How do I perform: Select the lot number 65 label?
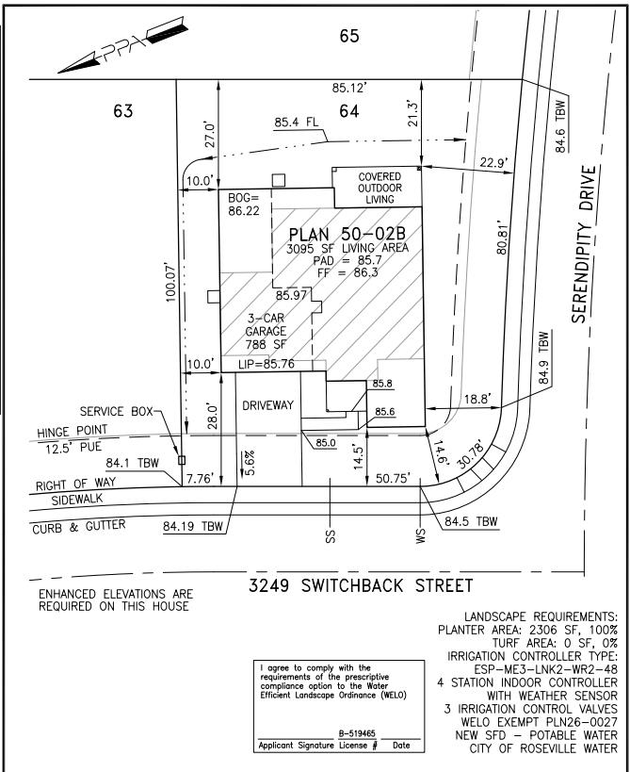pos(350,38)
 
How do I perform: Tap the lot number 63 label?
pos(122,111)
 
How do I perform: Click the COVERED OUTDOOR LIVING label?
pos(381,186)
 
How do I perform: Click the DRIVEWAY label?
pos(268,403)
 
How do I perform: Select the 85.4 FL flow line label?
pos(297,122)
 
